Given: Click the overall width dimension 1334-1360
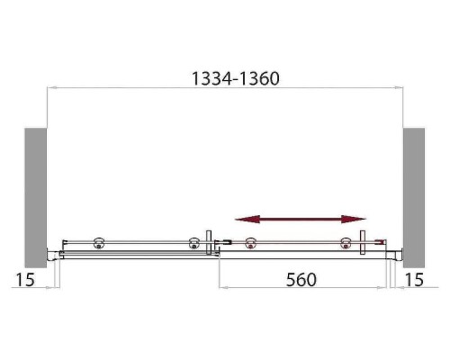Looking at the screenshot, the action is click(x=236, y=78).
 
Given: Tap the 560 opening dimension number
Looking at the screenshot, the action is click(x=301, y=280).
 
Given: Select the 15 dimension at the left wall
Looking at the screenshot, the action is click(x=25, y=280).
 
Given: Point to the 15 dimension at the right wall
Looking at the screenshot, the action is click(x=414, y=280).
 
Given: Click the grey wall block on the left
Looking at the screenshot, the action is click(x=36, y=198).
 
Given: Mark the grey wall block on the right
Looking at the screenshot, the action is click(x=414, y=198).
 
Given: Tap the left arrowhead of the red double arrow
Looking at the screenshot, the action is click(x=247, y=220).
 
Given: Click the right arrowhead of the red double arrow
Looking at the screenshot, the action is click(x=354, y=220).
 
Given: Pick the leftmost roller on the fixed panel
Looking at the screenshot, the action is click(x=99, y=243).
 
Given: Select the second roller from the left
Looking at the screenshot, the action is click(x=194, y=243).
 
